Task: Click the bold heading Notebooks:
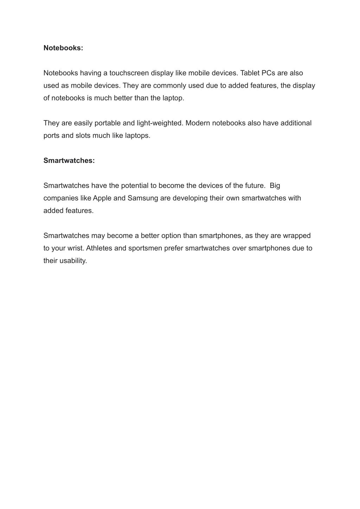(x=63, y=48)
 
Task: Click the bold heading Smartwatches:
(x=69, y=161)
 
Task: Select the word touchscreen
(x=129, y=73)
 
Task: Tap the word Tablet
(x=250, y=73)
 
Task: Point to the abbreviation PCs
(x=268, y=73)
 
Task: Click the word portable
(x=108, y=123)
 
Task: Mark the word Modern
(x=198, y=123)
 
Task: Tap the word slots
(x=83, y=136)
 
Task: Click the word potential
(x=135, y=186)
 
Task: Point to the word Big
(x=275, y=186)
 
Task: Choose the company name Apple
(x=102, y=198)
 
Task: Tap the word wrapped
(x=297, y=235)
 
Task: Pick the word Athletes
(x=99, y=248)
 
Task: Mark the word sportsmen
(x=145, y=248)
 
